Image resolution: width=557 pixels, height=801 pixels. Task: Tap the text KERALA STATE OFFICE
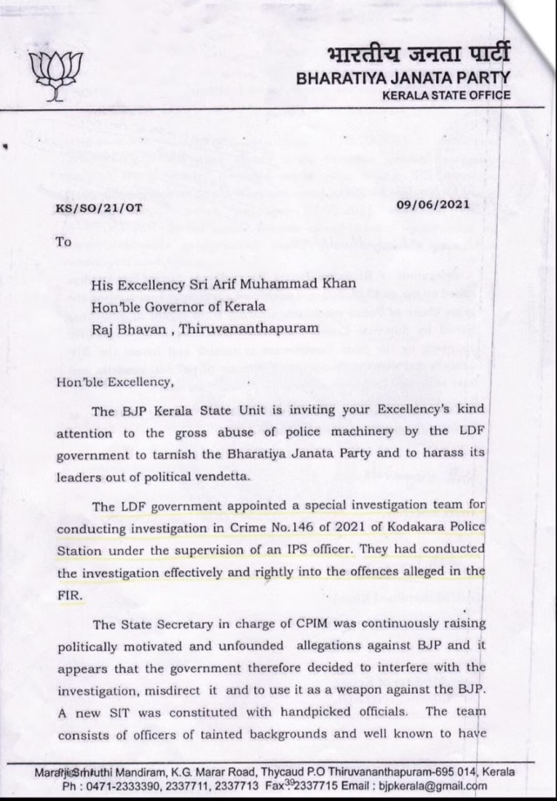[446, 96]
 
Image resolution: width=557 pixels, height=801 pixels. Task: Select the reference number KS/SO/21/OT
[98, 208]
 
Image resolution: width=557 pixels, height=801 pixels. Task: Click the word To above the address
[63, 242]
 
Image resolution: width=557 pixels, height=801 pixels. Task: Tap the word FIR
[70, 595]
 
